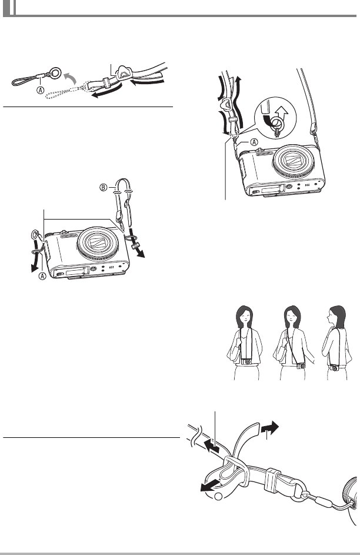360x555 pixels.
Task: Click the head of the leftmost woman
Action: point(244,320)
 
